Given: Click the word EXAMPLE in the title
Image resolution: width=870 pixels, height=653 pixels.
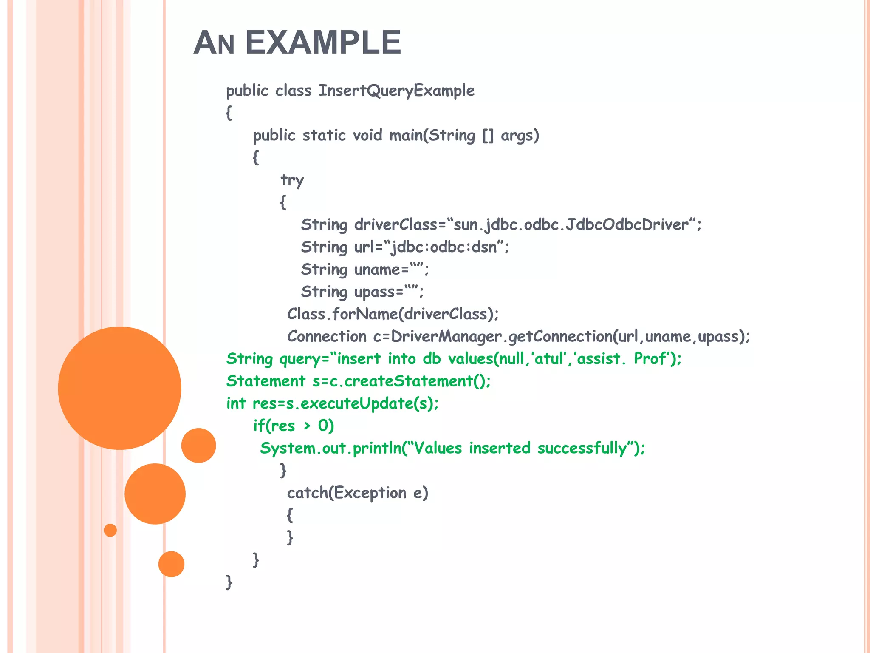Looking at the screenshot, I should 323,43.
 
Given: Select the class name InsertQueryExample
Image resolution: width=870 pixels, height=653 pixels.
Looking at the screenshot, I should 396,91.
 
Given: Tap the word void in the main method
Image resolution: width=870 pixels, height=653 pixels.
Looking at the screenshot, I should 367,135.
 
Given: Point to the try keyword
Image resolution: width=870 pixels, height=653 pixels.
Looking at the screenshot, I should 292,180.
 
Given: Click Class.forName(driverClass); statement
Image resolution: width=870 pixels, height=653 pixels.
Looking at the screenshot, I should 393,314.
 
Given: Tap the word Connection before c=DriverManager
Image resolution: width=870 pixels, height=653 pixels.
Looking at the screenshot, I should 327,336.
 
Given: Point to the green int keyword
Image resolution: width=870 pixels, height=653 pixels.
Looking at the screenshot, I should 236,403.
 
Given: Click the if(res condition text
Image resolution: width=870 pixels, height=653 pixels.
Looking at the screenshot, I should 274,426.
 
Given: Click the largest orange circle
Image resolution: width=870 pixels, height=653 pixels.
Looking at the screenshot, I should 119,388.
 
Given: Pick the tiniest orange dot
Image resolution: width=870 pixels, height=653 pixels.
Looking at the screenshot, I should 110,530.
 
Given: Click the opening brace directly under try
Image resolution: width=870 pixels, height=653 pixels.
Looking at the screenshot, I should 283,202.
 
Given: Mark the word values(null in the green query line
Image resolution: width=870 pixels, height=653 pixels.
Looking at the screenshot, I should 486,359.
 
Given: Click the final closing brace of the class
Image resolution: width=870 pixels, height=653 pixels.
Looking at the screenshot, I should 229,582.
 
